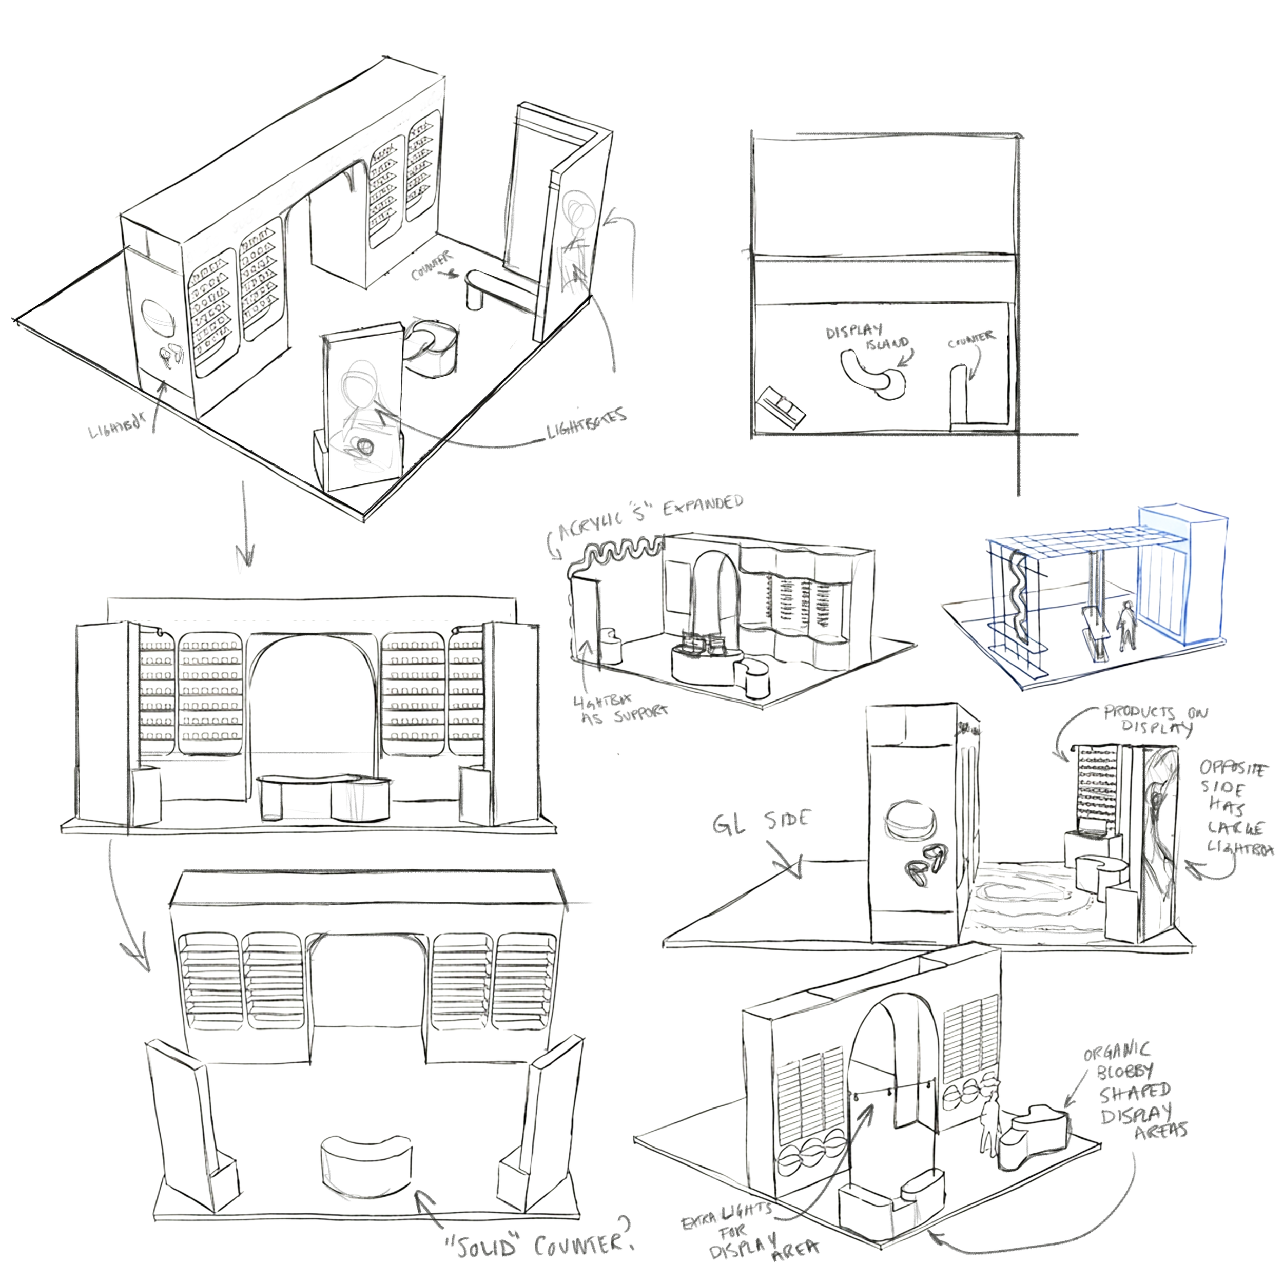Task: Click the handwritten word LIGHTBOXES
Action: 586,424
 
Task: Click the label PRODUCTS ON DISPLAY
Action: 1156,718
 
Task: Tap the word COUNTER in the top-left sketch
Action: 431,264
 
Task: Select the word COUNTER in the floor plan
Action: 971,339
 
